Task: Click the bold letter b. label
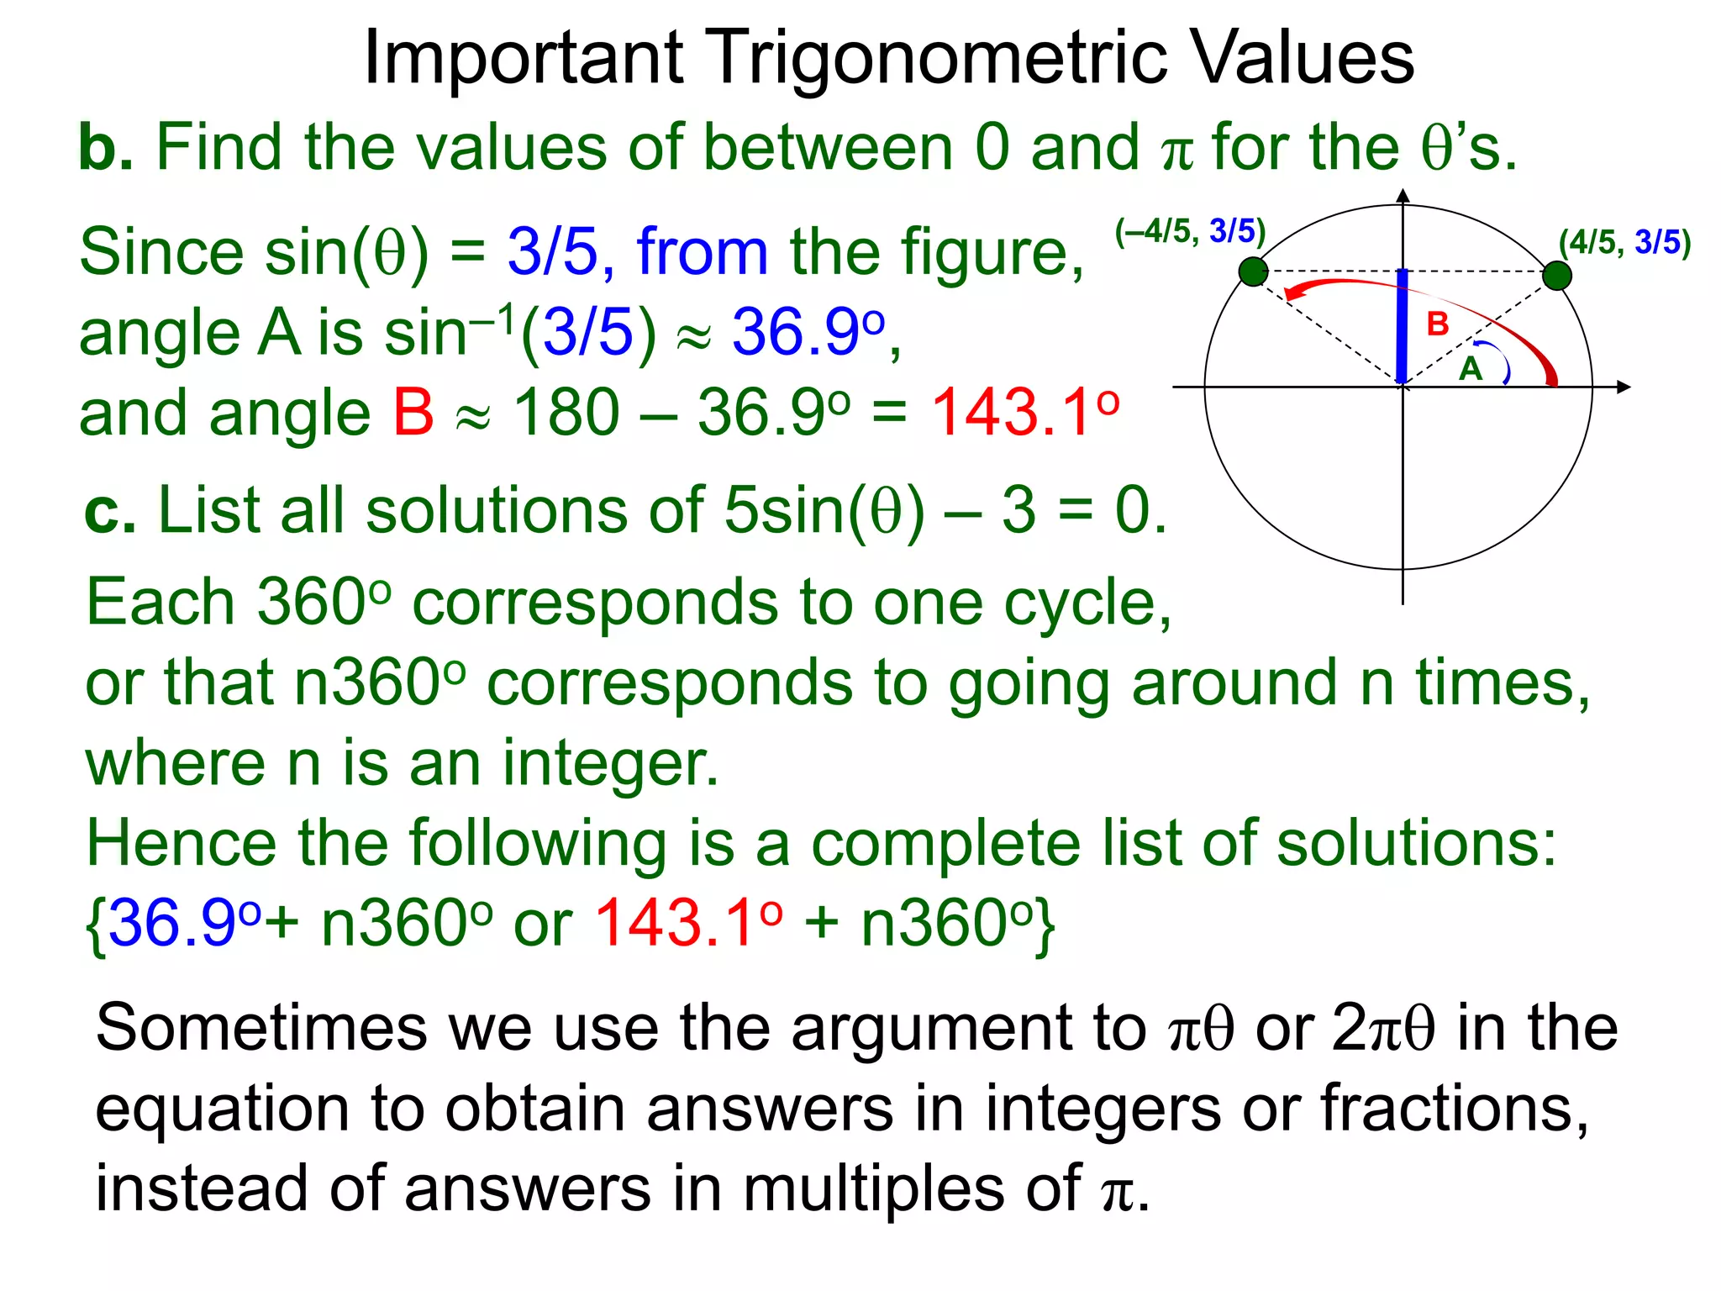point(105,148)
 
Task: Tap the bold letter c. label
point(110,511)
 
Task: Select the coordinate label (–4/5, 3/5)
point(1190,231)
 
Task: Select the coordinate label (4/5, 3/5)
point(1624,243)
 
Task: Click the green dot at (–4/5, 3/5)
point(1253,271)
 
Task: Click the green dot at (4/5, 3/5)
point(1557,275)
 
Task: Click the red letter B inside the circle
point(1438,324)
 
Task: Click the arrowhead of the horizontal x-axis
point(1623,387)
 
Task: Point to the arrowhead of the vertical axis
point(1403,196)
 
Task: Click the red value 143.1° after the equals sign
point(1025,412)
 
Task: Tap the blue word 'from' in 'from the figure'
point(703,251)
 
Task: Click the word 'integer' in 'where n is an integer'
point(611,763)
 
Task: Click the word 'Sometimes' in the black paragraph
point(261,1028)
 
